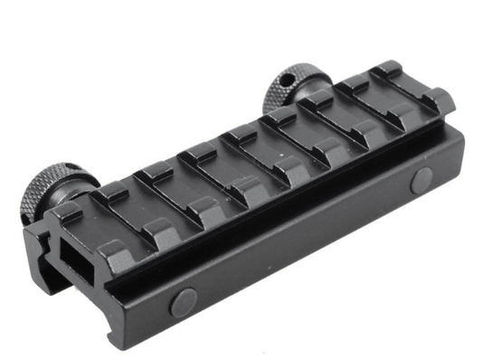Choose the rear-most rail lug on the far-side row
(x=391, y=71)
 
